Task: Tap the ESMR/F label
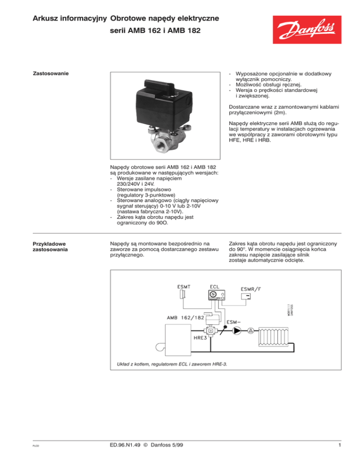(251, 289)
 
